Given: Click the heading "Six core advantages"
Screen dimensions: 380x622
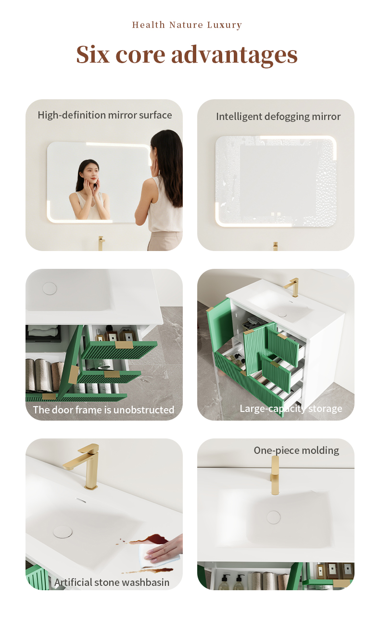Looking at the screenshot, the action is [187, 55].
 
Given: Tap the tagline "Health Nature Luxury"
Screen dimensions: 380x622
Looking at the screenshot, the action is [187, 25].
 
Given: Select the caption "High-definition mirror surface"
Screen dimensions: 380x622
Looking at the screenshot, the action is [105, 115].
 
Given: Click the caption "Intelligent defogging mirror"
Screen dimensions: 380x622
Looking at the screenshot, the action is [279, 117].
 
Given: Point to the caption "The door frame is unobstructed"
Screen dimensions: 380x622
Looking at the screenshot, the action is [104, 410].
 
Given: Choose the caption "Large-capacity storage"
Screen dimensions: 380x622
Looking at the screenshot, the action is [291, 409].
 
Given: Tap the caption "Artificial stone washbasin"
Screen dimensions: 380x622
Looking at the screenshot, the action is [112, 582].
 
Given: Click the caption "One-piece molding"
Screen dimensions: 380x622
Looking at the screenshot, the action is [296, 450].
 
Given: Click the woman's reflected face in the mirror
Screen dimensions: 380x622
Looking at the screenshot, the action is [91, 173].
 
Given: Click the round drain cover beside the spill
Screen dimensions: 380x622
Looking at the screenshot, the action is [63, 532].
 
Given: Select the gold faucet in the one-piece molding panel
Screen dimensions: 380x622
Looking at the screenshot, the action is [275, 476].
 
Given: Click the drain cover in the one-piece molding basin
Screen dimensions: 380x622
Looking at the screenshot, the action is [274, 517].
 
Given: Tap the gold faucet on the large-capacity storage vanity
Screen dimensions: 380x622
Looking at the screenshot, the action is [292, 287].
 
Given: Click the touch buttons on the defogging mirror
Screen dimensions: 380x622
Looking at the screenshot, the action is [276, 214].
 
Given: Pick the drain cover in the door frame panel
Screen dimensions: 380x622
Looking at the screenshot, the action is [50, 289].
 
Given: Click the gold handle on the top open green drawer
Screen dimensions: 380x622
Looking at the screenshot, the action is [124, 345].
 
